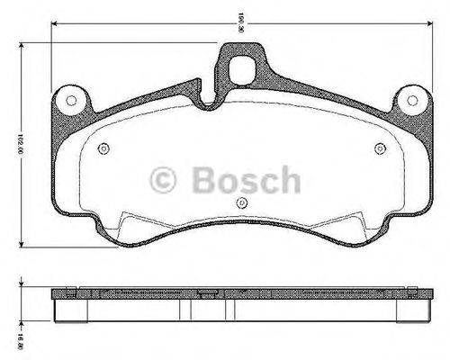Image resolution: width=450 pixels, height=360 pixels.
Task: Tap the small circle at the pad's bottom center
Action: pos(240,202)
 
